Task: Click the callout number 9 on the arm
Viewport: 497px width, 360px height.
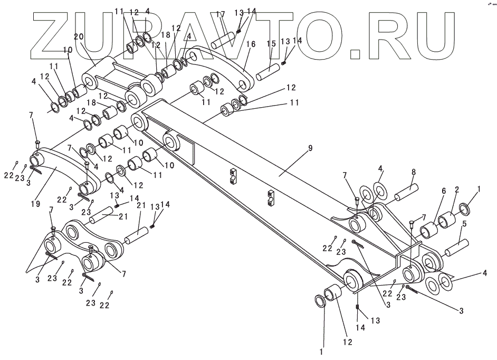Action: (x=310, y=148)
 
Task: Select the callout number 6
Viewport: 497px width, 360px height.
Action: (x=443, y=191)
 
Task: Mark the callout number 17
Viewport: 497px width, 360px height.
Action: (x=220, y=15)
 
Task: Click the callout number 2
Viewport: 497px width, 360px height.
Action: (x=456, y=189)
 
